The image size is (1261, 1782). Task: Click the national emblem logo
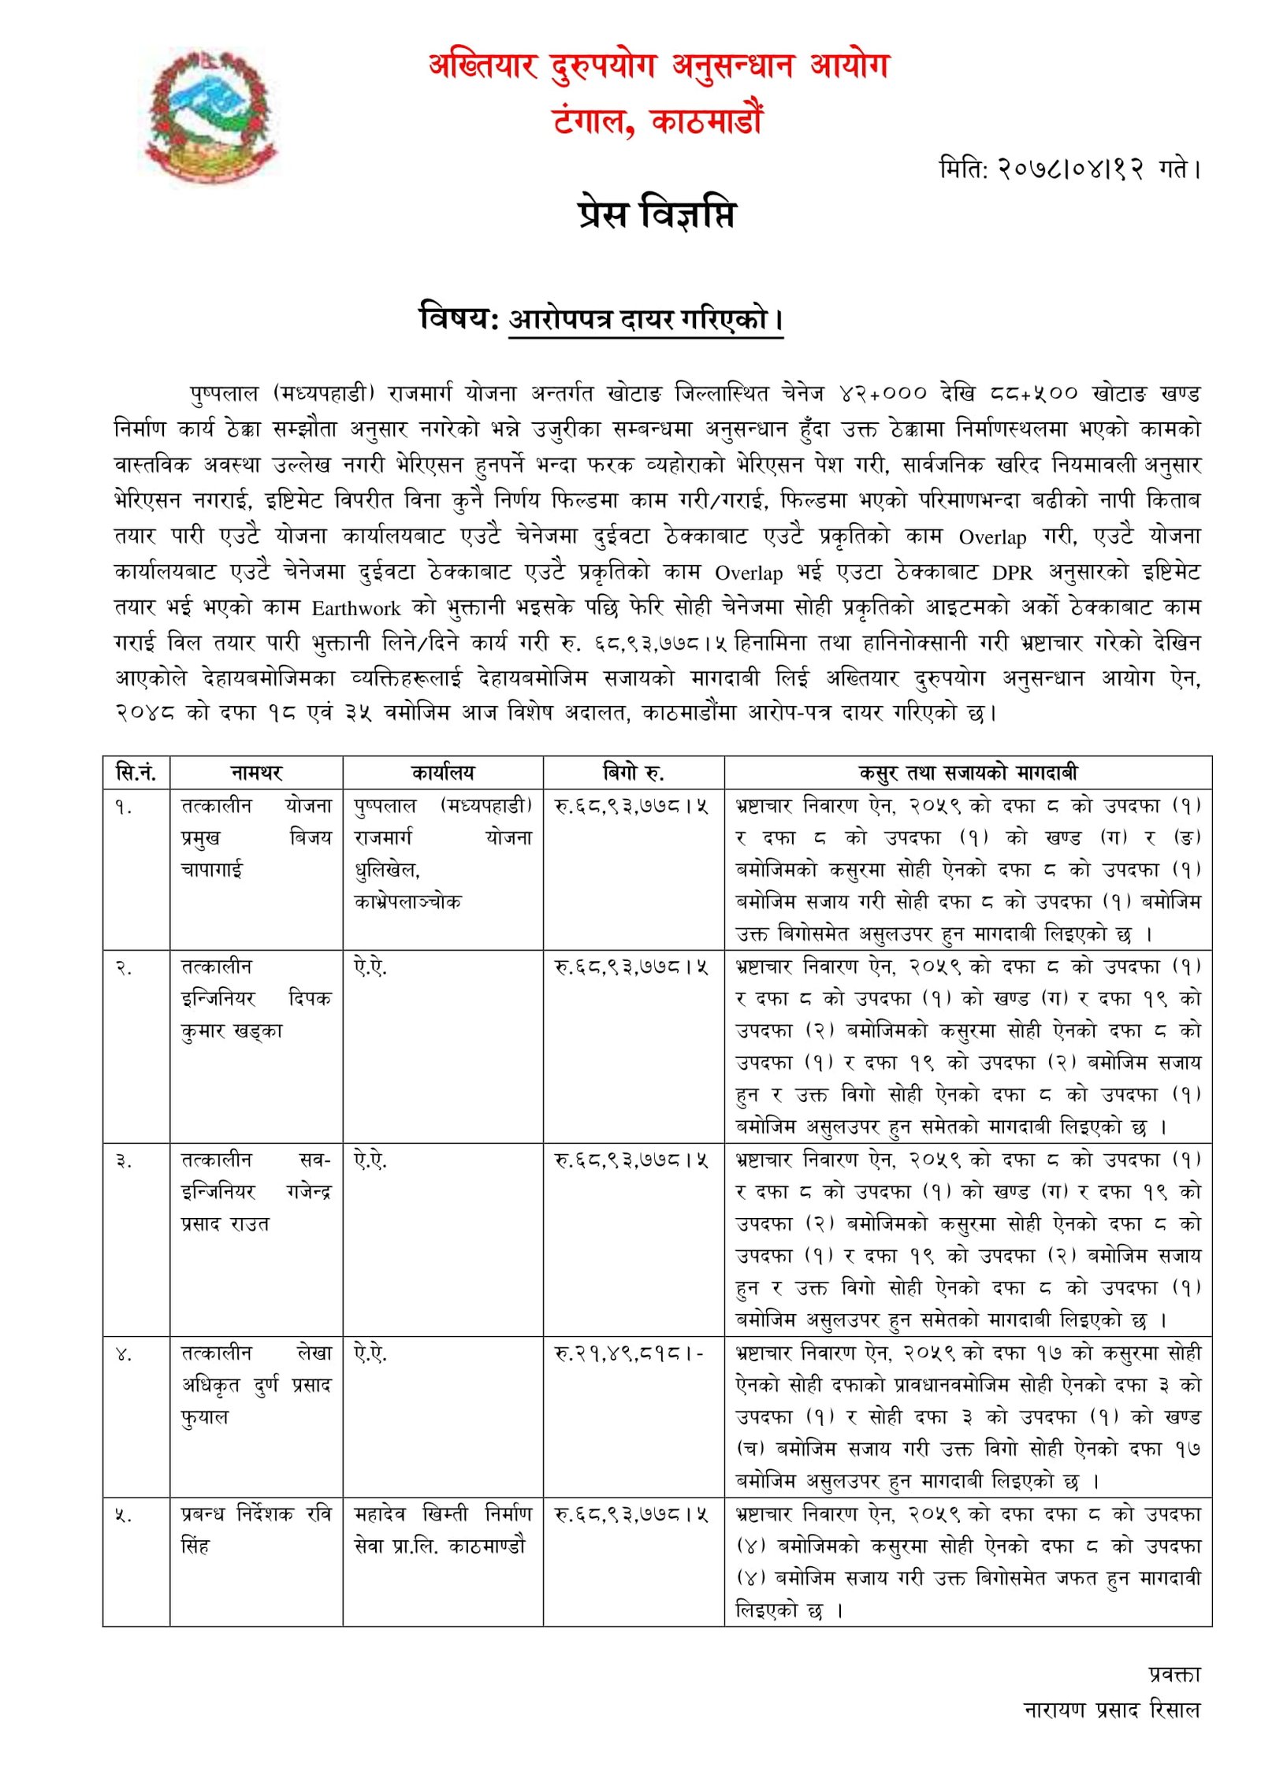click(x=211, y=117)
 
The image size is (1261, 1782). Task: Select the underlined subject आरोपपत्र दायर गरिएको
click(x=645, y=320)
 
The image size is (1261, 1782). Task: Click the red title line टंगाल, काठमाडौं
click(x=658, y=121)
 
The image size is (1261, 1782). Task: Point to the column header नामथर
click(x=256, y=773)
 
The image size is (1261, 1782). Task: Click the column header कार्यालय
click(x=443, y=773)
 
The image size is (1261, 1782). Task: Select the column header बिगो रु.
click(x=633, y=773)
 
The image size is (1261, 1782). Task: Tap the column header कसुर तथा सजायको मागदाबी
click(x=967, y=773)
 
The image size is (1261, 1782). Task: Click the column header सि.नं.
click(x=136, y=773)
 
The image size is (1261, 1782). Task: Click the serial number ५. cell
click(x=124, y=1515)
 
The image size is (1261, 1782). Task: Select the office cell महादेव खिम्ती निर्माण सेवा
click(x=442, y=1529)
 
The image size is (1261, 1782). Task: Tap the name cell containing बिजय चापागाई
click(x=256, y=837)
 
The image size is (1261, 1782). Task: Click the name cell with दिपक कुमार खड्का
click(x=256, y=998)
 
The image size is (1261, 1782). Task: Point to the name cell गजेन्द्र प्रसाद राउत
click(x=256, y=1191)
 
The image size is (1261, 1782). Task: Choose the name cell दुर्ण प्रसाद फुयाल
click(x=256, y=1384)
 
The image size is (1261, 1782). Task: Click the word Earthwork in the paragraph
click(x=355, y=608)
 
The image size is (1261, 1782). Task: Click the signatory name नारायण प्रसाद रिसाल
click(x=1111, y=1710)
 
